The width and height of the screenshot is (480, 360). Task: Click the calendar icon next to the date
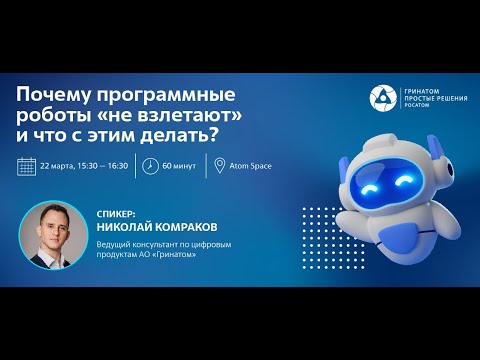point(27,165)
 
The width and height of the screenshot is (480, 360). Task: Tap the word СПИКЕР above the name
point(117,213)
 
